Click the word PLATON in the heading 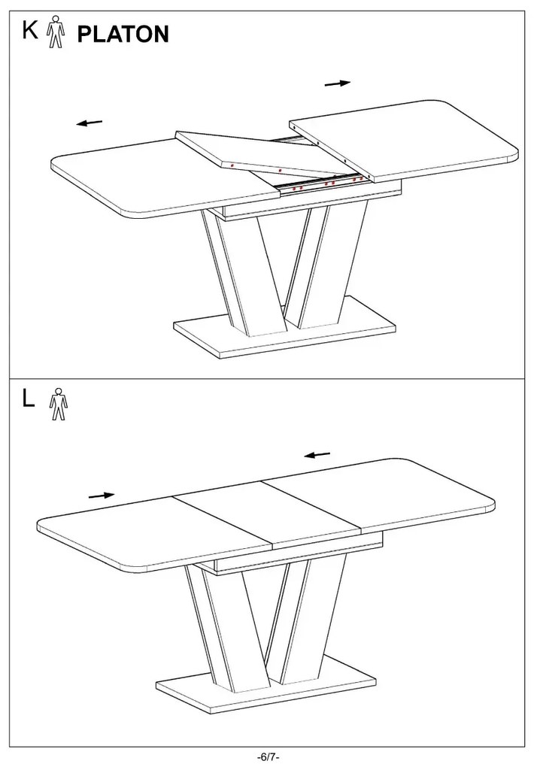pos(123,35)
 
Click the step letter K pos(30,30)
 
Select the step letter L pos(29,399)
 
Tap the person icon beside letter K pos(56,32)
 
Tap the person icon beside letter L pos(58,404)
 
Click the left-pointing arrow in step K pos(90,123)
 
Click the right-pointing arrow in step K pos(338,83)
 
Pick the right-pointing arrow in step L pos(102,496)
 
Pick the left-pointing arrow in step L pos(317,456)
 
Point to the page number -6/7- pos(267,757)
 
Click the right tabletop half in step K pos(404,140)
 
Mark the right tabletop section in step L pos(378,494)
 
